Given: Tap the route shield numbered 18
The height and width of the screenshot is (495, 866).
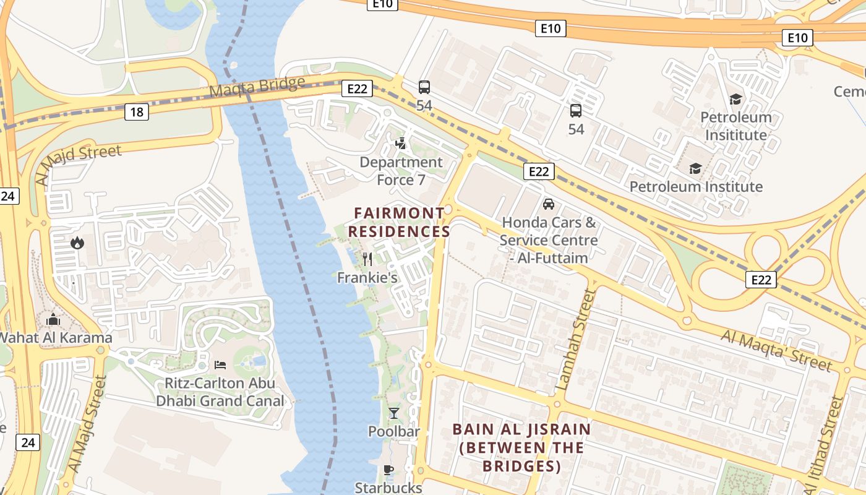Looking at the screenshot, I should click(137, 112).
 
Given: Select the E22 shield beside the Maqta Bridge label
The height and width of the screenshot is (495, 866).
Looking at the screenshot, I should click(357, 88).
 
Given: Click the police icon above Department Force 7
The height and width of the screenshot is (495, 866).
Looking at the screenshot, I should click(401, 144).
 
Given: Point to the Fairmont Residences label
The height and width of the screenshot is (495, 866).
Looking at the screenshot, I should click(399, 223).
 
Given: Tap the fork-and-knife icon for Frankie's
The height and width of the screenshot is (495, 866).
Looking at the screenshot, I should click(367, 259).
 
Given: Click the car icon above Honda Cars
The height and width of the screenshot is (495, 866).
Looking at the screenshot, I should click(548, 204).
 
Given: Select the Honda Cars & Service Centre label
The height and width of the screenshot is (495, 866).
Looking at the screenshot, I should click(549, 240).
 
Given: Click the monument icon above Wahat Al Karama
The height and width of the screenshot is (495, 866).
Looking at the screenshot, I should click(54, 320).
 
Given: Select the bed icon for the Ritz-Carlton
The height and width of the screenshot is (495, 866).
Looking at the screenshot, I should click(220, 365).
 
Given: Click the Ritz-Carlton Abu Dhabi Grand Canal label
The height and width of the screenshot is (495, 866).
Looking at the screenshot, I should click(220, 392).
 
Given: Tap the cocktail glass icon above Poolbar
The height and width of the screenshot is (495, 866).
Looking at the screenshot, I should click(394, 413).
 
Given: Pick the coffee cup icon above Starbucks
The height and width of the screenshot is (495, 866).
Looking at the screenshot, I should click(388, 470).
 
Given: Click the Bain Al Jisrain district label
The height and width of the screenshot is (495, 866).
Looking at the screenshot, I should click(521, 447).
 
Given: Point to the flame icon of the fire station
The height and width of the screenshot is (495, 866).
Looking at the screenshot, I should click(77, 243).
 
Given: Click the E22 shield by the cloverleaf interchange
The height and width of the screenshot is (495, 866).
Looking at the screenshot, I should click(760, 280).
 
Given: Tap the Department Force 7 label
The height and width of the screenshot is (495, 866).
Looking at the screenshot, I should click(401, 171).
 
